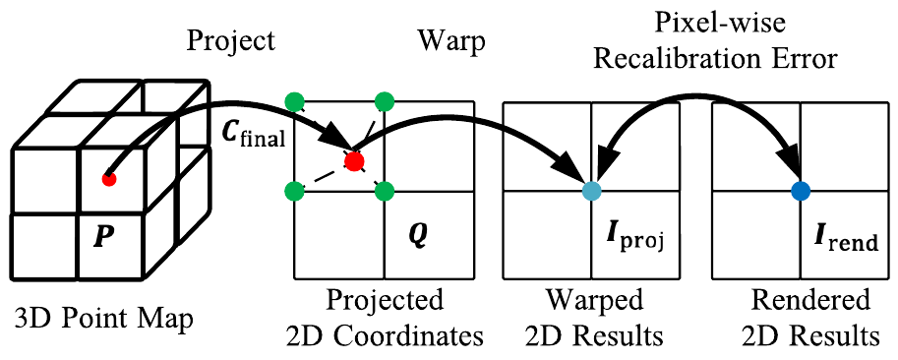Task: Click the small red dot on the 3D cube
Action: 109,178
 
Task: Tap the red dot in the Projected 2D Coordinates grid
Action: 354,159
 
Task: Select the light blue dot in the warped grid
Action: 590,190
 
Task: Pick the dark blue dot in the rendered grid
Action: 800,190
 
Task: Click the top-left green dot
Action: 292,100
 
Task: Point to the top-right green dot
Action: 385,100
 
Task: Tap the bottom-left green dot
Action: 292,190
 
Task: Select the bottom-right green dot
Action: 385,190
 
